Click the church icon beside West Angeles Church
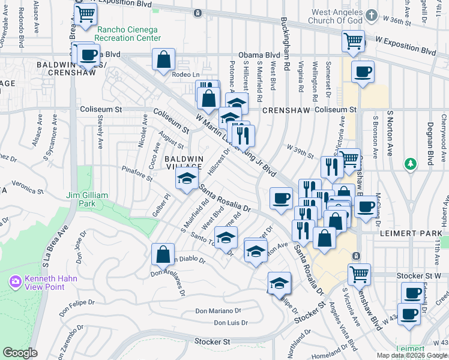(372, 15)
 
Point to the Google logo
(20, 353)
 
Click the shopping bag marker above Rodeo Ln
(163, 60)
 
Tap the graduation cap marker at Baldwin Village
(187, 179)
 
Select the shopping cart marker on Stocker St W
(358, 275)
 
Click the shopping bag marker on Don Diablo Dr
(163, 254)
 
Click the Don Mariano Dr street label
(219, 311)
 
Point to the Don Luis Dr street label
(231, 323)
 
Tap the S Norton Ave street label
(391, 128)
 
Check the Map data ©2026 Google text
(412, 355)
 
